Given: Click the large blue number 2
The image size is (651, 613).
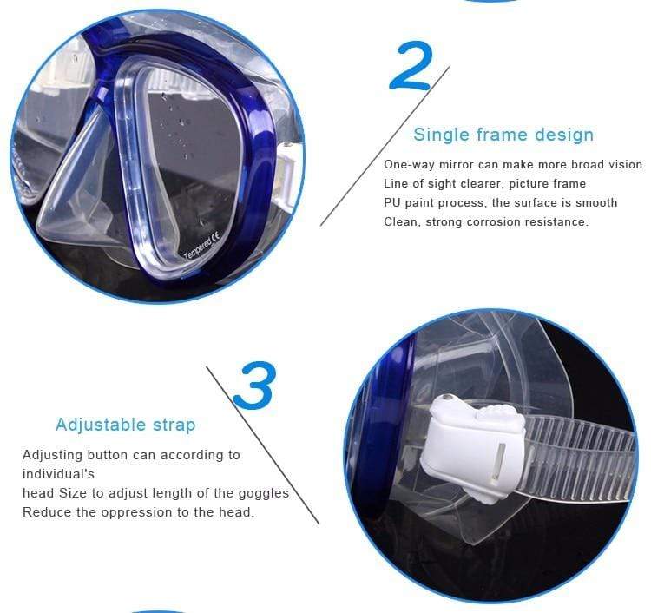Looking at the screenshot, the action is [411, 66].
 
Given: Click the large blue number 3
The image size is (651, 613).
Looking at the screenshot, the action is [254, 386].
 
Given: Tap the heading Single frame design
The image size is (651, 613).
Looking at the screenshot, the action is [503, 135].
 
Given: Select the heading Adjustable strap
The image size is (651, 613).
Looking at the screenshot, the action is [125, 425].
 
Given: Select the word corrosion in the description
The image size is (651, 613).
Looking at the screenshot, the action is [494, 221].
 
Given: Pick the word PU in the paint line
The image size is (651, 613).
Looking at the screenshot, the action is [392, 202].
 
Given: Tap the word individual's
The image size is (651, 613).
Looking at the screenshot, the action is [58, 474].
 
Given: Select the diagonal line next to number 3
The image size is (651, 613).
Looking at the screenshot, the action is [263, 445].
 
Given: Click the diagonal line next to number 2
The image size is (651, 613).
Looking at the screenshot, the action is [385, 146].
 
